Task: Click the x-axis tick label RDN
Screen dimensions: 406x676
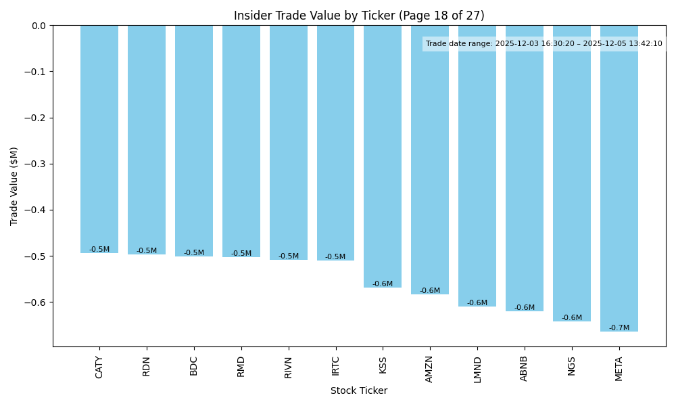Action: click(147, 366)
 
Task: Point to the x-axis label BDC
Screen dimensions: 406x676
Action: click(194, 366)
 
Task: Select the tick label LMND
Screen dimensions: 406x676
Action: click(477, 369)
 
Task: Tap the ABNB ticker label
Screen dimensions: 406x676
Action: click(525, 369)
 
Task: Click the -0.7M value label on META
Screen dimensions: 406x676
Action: click(619, 328)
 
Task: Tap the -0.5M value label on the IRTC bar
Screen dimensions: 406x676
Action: click(335, 257)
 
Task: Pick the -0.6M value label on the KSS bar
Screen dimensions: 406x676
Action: click(383, 284)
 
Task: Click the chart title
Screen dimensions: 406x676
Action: click(359, 16)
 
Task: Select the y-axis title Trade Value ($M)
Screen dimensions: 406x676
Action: click(14, 186)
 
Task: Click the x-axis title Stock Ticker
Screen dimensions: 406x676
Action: click(359, 390)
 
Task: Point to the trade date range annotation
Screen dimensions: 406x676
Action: click(544, 44)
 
